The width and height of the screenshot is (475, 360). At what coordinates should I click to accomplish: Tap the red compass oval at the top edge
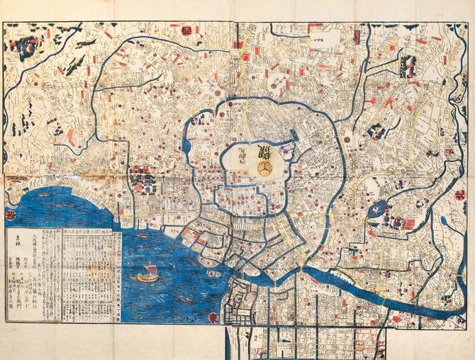(186, 30)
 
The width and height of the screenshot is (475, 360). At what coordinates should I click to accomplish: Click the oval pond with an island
(376, 209)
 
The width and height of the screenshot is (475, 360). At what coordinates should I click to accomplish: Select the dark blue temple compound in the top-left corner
(27, 46)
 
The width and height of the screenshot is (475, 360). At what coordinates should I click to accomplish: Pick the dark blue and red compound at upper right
(408, 67)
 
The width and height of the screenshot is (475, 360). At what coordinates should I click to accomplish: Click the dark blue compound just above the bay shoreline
(143, 179)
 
